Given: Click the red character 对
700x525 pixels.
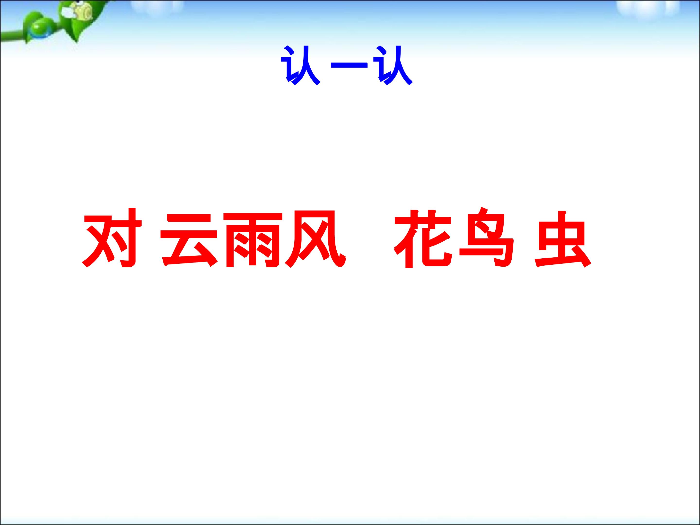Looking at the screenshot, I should click(x=111, y=238).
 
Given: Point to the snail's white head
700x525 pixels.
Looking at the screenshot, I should click(x=68, y=12).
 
